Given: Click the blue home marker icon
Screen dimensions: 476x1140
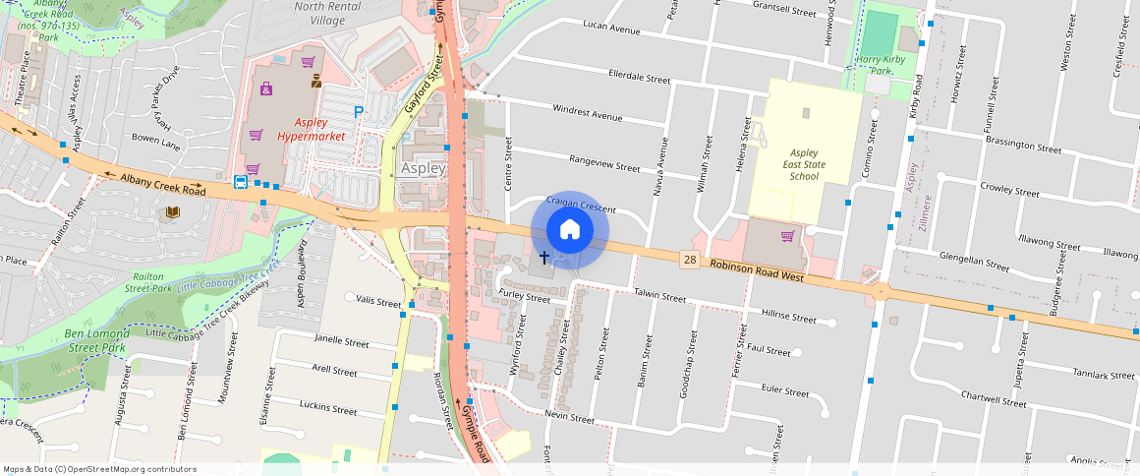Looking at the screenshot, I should pyautogui.click(x=570, y=230).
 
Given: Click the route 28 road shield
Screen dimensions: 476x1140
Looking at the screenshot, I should pyautogui.click(x=691, y=258).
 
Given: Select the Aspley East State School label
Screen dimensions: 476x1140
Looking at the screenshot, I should pyautogui.click(x=804, y=164).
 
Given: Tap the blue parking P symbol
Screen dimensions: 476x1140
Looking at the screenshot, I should pyautogui.click(x=359, y=112).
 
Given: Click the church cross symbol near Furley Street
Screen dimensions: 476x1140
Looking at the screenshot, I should pyautogui.click(x=543, y=258).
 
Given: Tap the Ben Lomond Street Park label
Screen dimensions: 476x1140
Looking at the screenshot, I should pyautogui.click(x=95, y=340).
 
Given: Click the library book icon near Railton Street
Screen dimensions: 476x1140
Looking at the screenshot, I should pyautogui.click(x=173, y=212).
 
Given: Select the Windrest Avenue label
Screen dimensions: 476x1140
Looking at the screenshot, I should pyautogui.click(x=588, y=113).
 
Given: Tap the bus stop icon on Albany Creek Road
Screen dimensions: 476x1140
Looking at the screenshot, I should pyautogui.click(x=240, y=181).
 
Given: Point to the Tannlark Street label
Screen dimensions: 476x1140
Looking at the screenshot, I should pyautogui.click(x=1104, y=375).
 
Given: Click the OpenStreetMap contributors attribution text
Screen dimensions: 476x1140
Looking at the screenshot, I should pyautogui.click(x=99, y=469).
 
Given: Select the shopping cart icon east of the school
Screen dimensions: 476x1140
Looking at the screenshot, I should pyautogui.click(x=787, y=236).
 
